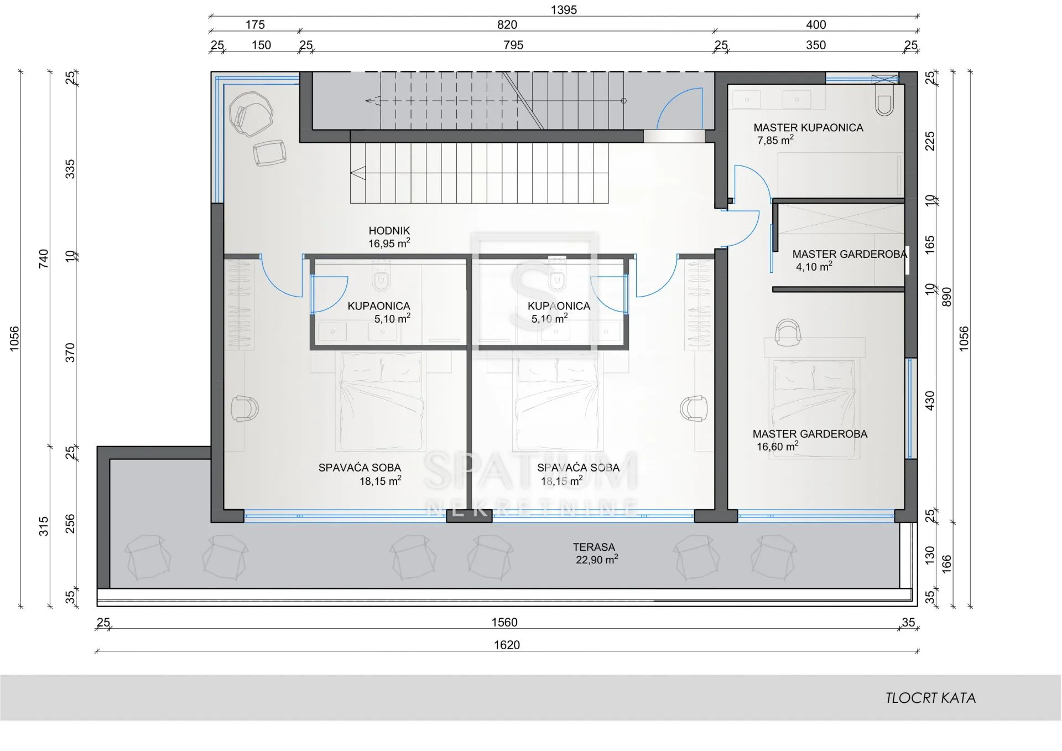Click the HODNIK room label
(x=389, y=231)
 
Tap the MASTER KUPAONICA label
(x=808, y=128)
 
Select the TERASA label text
(x=594, y=547)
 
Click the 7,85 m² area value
(x=775, y=140)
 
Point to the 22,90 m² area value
(x=597, y=560)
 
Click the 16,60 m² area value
(x=778, y=446)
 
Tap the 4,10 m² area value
(x=814, y=266)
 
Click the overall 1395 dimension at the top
(x=564, y=10)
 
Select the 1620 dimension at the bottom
(x=507, y=645)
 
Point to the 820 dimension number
(x=507, y=25)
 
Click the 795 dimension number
(x=513, y=45)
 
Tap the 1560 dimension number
(x=504, y=623)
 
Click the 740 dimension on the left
(x=44, y=259)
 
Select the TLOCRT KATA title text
(x=930, y=698)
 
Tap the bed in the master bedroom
(x=814, y=408)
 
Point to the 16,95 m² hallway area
(x=389, y=243)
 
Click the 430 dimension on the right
(x=930, y=401)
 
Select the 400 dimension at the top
(x=816, y=25)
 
